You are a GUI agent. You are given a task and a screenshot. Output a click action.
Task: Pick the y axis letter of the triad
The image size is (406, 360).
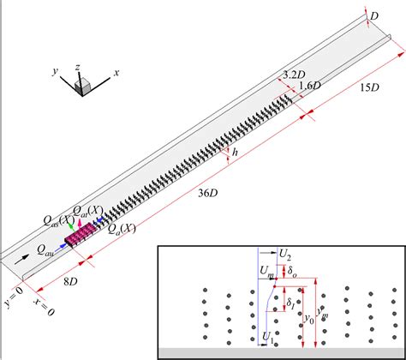click(x=62, y=73)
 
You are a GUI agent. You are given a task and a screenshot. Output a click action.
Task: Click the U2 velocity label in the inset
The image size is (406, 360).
click(x=287, y=254)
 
